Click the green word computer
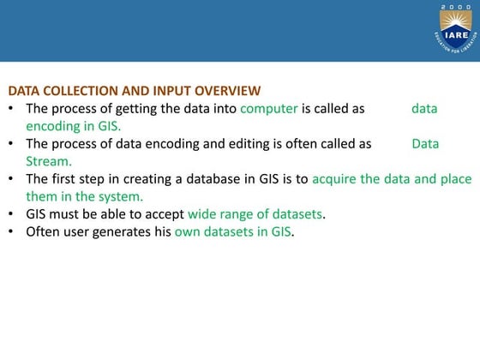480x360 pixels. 269,109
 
